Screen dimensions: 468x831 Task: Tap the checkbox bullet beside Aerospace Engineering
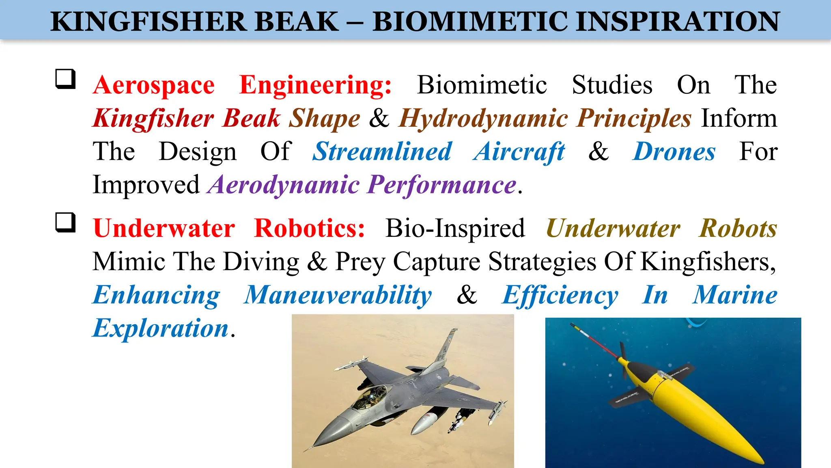click(x=65, y=79)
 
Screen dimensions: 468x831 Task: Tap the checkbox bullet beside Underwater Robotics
click(x=65, y=222)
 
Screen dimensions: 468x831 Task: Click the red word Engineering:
click(x=315, y=85)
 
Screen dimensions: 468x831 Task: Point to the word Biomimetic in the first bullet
click(x=482, y=85)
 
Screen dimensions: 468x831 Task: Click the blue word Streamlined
click(x=382, y=152)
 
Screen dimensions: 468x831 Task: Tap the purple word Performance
click(x=442, y=185)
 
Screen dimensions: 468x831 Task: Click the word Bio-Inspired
click(x=455, y=228)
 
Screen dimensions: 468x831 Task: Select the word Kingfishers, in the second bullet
click(x=708, y=262)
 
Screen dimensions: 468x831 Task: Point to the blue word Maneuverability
click(x=338, y=295)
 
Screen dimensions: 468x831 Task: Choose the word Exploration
click(x=161, y=328)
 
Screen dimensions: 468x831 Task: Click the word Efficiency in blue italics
click(x=560, y=295)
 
